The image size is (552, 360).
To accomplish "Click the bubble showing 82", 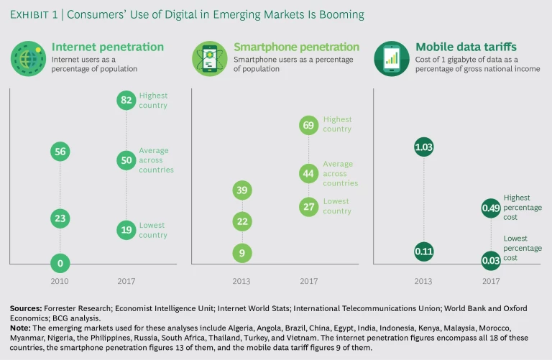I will [x=126, y=101].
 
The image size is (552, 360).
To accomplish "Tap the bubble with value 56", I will [x=60, y=151].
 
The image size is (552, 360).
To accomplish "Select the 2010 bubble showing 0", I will [x=60, y=262].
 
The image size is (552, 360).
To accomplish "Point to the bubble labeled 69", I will [x=309, y=125].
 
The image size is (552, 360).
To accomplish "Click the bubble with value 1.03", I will [x=424, y=147].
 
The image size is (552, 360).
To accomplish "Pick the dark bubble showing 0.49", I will [x=492, y=208].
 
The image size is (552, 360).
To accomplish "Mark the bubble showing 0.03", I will [x=492, y=260].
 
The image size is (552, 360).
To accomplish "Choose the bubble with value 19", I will [x=126, y=230].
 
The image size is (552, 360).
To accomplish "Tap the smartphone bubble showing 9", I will [x=243, y=253].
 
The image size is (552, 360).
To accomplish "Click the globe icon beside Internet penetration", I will [x=28, y=58].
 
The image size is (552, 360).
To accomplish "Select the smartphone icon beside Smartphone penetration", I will [x=210, y=58].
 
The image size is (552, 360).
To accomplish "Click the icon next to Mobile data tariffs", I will [x=392, y=58].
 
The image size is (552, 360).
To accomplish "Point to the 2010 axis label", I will [x=60, y=282].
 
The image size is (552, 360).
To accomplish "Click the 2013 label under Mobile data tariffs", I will [x=424, y=282].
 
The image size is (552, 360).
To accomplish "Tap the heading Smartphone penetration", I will [x=296, y=47].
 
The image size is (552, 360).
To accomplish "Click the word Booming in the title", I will [x=340, y=14].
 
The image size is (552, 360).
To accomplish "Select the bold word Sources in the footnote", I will [x=26, y=308].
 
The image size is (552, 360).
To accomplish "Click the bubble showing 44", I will [x=309, y=173].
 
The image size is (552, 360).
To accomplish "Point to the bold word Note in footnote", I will [x=19, y=327].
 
